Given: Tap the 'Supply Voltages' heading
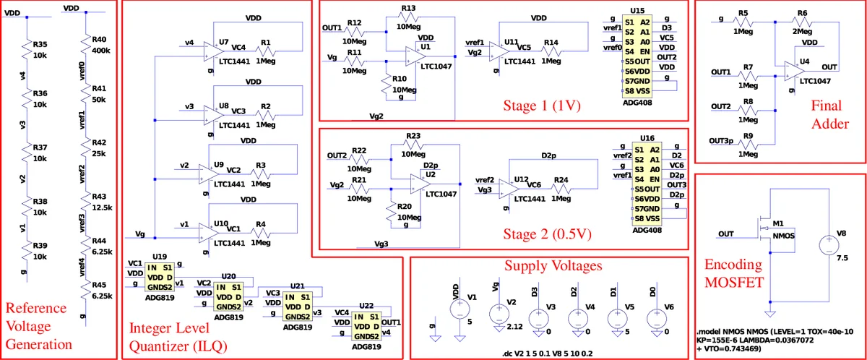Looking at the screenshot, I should coord(553,266).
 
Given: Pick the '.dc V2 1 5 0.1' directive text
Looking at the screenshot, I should coord(549,353).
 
